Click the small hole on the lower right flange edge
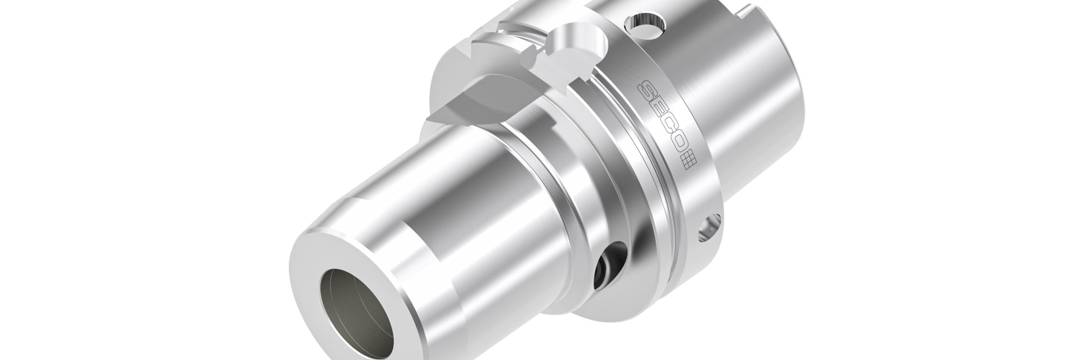709,227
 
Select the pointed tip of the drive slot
429,117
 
